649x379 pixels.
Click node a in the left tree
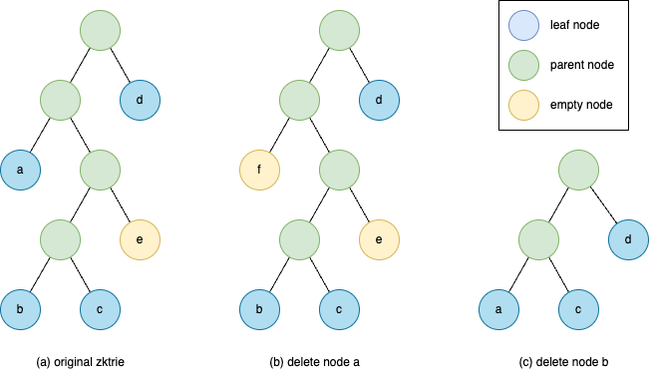pyautogui.click(x=20, y=170)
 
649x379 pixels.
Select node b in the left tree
pyautogui.click(x=20, y=309)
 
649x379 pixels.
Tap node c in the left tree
pyautogui.click(x=100, y=309)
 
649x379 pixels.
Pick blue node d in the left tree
pyautogui.click(x=140, y=100)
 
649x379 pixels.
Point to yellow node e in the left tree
pyautogui.click(x=140, y=239)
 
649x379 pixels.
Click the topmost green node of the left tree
pyautogui.click(x=100, y=30)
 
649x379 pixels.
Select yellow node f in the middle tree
pyautogui.click(x=259, y=170)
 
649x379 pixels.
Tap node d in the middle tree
pyautogui.click(x=379, y=100)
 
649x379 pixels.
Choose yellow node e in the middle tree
pyautogui.click(x=379, y=239)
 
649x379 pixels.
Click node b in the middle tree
pyautogui.click(x=259, y=309)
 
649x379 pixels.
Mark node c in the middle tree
pyautogui.click(x=339, y=309)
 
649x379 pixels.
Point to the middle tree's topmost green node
pyautogui.click(x=339, y=30)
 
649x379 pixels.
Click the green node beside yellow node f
pyautogui.click(x=339, y=170)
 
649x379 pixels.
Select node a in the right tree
pyautogui.click(x=498, y=309)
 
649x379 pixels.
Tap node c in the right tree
pyautogui.click(x=578, y=309)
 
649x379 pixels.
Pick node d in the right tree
pyautogui.click(x=628, y=239)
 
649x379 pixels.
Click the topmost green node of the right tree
pyautogui.click(x=578, y=170)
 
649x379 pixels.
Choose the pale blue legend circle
pyautogui.click(x=523, y=25)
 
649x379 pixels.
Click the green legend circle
pyautogui.click(x=523, y=65)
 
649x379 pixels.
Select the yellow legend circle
pyautogui.click(x=523, y=105)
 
